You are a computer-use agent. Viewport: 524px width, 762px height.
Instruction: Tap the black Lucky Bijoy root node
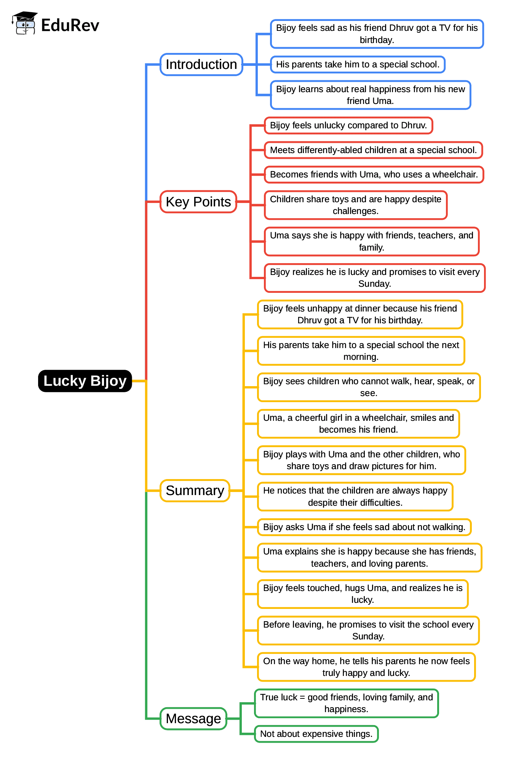(85, 381)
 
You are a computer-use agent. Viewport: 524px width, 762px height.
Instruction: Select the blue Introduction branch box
(201, 64)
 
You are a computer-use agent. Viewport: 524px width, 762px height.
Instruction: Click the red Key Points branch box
(198, 202)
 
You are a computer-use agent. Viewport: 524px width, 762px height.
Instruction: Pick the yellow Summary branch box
(195, 490)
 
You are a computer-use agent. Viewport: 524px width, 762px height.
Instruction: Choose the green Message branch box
(193, 719)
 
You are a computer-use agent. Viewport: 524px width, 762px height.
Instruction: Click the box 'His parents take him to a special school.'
(357, 64)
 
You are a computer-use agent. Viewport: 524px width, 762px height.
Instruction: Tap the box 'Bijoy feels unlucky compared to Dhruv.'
(348, 125)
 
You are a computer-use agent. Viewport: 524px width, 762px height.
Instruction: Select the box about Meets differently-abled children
(373, 150)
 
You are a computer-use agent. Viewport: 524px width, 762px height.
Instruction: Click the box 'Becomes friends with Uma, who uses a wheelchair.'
(374, 174)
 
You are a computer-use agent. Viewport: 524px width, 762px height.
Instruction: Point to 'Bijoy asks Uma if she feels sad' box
(364, 527)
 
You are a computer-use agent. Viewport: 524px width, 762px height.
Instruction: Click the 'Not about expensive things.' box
(316, 734)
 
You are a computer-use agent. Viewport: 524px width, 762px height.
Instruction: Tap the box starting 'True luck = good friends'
(346, 703)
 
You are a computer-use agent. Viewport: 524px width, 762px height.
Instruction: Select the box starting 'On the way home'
(366, 667)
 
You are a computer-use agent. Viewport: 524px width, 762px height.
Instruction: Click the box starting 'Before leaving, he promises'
(368, 630)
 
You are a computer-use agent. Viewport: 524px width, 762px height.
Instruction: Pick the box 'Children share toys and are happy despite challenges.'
(355, 205)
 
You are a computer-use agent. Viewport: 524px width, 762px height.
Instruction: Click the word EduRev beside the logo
(70, 25)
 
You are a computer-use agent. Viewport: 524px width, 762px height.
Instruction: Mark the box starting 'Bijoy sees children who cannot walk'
(368, 387)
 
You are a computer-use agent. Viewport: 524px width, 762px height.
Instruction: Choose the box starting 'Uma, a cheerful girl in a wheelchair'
(358, 423)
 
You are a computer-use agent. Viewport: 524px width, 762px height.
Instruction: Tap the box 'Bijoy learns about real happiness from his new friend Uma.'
(370, 95)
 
